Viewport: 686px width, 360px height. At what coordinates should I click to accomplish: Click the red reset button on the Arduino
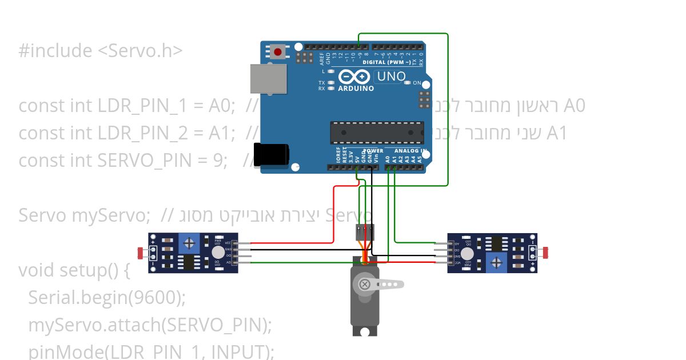[278, 52]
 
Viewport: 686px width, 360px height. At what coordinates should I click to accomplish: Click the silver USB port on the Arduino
[268, 78]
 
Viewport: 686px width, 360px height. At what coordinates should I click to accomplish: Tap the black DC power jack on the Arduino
[272, 154]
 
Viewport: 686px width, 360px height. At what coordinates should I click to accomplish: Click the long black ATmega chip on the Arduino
[377, 132]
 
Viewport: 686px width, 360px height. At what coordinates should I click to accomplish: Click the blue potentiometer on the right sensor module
[497, 262]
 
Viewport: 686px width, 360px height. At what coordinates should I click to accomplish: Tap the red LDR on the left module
[141, 252]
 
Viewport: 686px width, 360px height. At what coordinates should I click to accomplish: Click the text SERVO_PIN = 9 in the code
[163, 161]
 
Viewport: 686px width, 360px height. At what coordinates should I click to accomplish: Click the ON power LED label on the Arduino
[417, 83]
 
